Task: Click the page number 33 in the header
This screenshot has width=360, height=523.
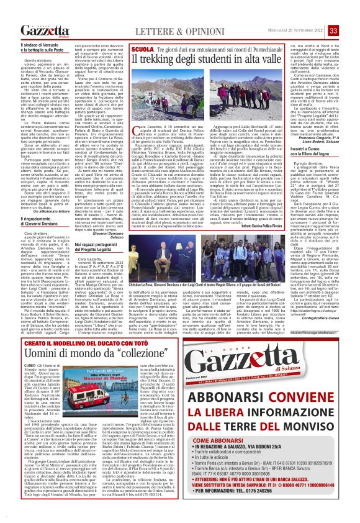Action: point(351,13)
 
